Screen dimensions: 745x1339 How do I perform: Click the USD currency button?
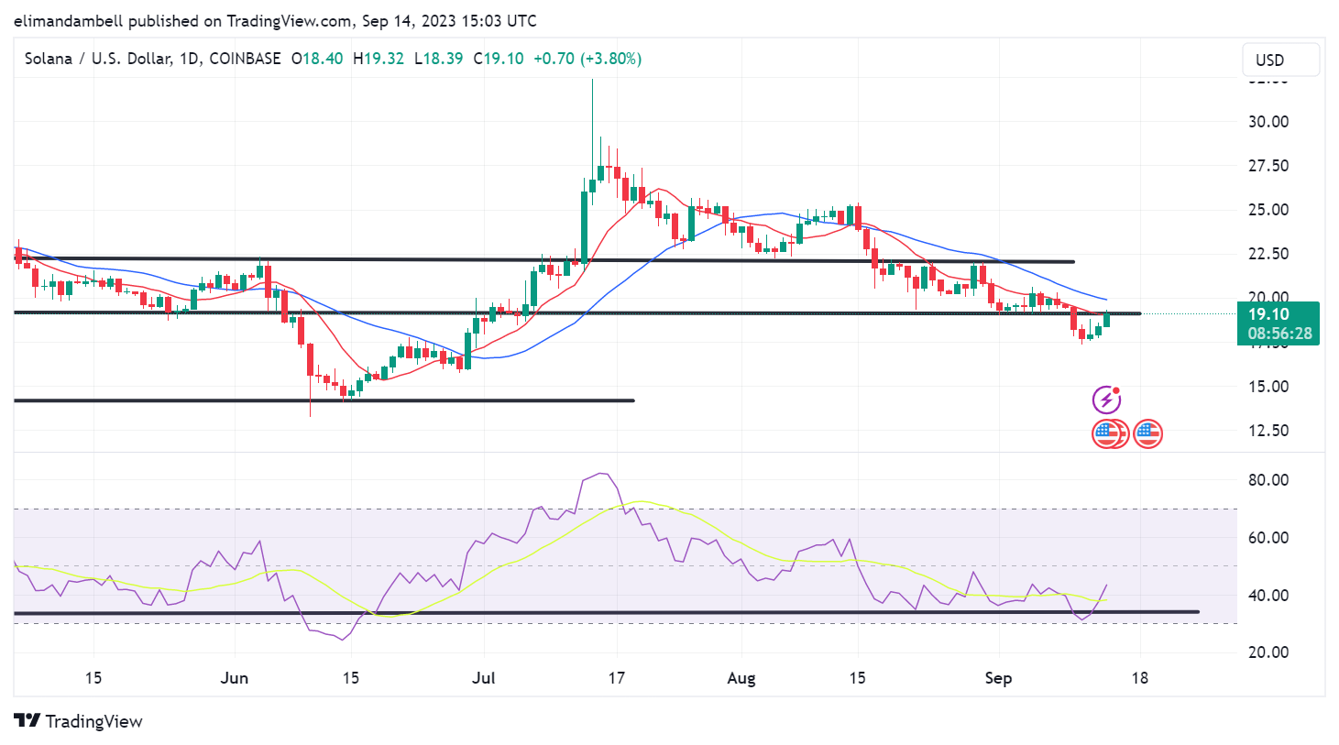point(1280,60)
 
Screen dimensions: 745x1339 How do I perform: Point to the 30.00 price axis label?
point(1268,122)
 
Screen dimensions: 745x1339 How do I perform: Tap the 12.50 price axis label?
point(1268,431)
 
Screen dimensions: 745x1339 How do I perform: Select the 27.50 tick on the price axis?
point(1268,166)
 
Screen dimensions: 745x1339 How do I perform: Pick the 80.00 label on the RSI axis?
point(1268,480)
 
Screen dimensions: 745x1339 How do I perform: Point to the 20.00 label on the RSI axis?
point(1268,652)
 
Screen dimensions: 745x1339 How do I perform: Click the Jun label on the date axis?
point(235,678)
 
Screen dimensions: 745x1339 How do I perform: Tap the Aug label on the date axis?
point(741,678)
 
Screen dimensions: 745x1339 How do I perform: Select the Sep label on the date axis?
point(998,678)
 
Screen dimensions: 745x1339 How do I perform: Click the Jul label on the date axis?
point(483,678)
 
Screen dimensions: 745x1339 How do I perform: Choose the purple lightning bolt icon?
point(1107,400)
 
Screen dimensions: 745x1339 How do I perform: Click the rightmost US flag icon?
point(1147,433)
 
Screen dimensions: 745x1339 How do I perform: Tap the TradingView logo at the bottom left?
point(79,722)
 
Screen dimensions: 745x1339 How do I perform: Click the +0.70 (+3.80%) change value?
point(587,59)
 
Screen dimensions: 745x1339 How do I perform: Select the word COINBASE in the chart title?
point(245,59)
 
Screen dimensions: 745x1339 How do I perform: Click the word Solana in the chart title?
point(49,59)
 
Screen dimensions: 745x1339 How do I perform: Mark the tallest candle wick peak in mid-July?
point(592,82)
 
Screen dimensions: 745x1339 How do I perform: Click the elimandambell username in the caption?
point(69,20)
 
